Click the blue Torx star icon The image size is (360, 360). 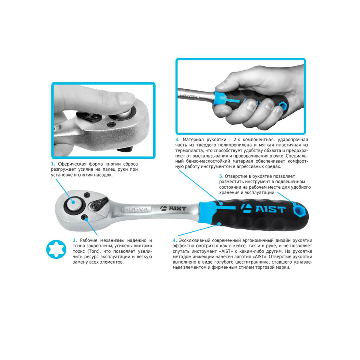pos(56,250)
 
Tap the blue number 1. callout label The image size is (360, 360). pos(53,164)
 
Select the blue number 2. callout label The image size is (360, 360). pos(75,240)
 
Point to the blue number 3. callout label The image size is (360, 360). pos(177,140)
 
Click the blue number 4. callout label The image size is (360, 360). pos(175,240)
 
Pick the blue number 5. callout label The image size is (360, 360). pos(221,176)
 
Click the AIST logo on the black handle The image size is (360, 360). pos(263,208)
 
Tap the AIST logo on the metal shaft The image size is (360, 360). pos(173,208)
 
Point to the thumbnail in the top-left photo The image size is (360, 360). pos(125,99)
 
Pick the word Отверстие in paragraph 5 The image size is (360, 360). pos(236,176)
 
